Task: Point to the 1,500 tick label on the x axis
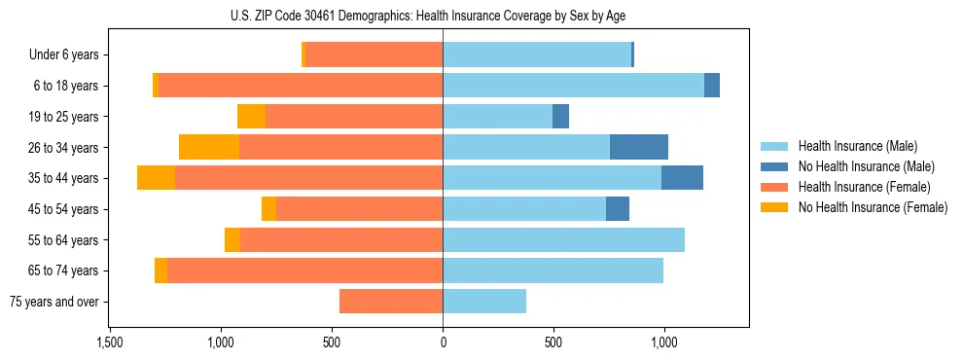coord(110,342)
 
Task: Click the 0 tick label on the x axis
coord(443,342)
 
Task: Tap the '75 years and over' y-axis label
coord(54,302)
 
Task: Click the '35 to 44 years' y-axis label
coord(64,178)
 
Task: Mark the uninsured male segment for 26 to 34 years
coord(639,147)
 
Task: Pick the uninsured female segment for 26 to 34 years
coord(209,147)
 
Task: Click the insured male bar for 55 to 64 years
coord(563,239)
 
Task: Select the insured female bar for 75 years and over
coord(391,302)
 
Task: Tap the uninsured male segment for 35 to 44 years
coord(682,178)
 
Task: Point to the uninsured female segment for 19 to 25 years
coord(251,117)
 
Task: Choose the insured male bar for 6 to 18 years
coord(573,86)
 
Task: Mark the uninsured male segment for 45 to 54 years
coord(618,208)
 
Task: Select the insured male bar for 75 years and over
coord(484,302)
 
